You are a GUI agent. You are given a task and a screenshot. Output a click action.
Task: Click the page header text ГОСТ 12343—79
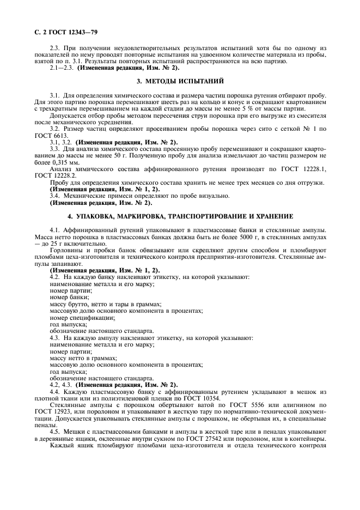63,34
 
